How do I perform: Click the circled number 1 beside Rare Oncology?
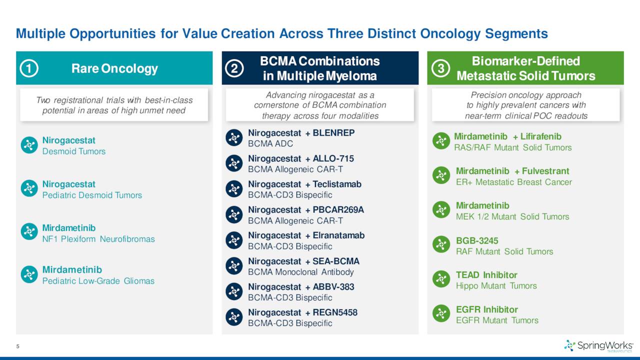coord(29,68)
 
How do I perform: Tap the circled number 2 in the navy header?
coord(234,68)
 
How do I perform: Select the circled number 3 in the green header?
coord(440,68)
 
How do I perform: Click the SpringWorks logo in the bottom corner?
coord(598,345)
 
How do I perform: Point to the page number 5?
coord(17,346)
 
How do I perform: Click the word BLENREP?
coord(333,133)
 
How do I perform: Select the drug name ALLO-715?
coord(333,158)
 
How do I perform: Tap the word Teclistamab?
coord(337,184)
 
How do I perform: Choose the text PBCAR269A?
coord(338,209)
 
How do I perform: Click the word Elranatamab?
coord(338,235)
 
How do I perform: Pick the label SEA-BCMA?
coord(336,261)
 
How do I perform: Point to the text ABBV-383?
coord(333,287)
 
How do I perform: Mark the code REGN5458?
coord(335,312)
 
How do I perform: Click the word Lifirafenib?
coord(541,136)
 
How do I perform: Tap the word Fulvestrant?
coord(545,171)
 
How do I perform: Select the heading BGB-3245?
coord(477,241)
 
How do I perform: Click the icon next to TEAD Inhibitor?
coord(441,279)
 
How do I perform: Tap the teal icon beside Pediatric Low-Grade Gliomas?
coord(29,274)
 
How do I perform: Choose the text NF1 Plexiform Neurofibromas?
coord(98,239)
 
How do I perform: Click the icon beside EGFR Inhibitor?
coord(441,313)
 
